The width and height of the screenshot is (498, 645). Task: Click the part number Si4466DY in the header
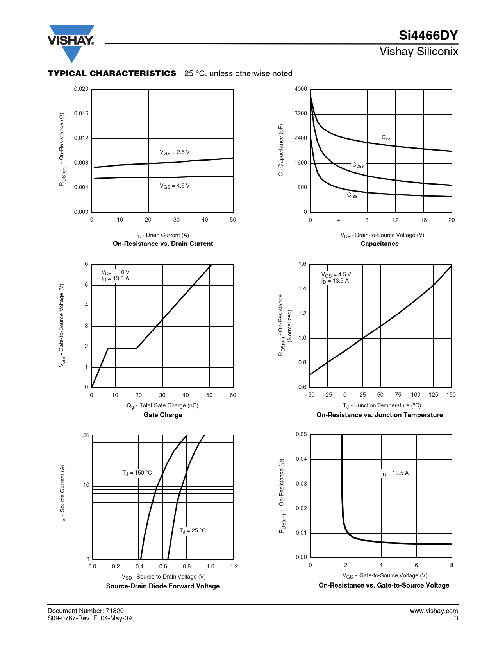(428, 36)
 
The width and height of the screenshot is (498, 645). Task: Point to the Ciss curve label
(386, 138)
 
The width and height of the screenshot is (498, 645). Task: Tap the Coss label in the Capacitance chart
(358, 165)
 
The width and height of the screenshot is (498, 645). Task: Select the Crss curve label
(352, 195)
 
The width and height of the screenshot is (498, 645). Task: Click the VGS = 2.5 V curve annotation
(175, 152)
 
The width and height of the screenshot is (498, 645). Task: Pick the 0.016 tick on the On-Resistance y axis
(81, 113)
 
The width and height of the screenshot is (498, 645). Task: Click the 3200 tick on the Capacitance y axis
(300, 113)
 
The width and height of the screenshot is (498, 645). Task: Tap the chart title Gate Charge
(163, 415)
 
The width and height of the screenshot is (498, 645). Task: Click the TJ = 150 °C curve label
(137, 473)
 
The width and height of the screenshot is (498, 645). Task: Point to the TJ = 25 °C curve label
(193, 530)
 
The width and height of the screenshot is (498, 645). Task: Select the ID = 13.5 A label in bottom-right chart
(395, 473)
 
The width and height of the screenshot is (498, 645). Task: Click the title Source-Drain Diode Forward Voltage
(163, 586)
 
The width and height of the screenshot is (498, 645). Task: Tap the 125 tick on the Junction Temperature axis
(433, 395)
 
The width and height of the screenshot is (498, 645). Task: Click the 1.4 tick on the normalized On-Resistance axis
(302, 288)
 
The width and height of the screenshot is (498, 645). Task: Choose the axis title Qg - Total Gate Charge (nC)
(162, 405)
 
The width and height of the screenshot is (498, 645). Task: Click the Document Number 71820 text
(86, 611)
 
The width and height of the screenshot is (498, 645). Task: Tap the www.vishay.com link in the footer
(434, 611)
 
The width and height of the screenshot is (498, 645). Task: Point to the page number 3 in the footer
(456, 618)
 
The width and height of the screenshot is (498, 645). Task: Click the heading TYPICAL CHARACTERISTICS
(112, 73)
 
